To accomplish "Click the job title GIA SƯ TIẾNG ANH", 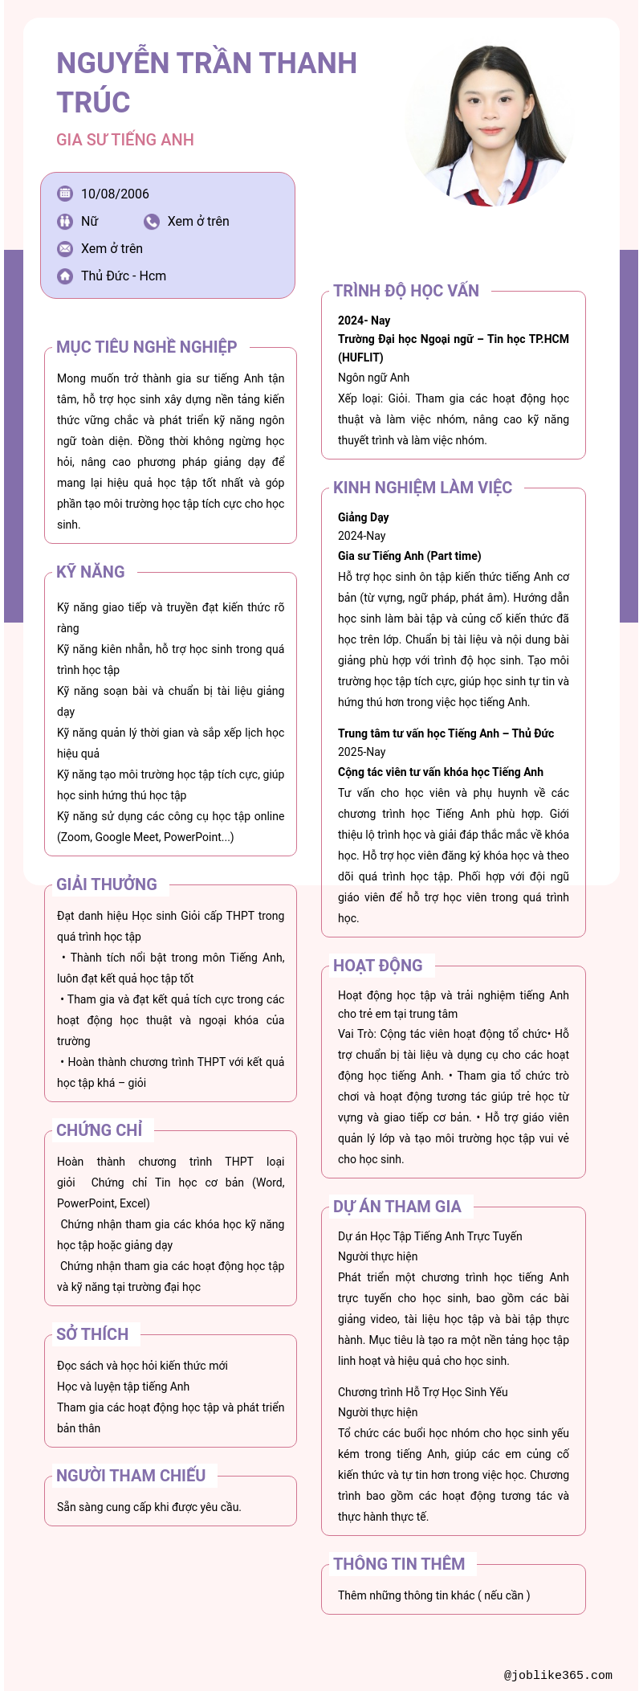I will click(125, 140).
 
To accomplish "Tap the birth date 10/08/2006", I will click(115, 194).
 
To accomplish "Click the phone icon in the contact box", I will click(152, 222).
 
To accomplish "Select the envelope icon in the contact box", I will click(65, 249).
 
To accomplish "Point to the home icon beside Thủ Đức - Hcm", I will click(65, 276).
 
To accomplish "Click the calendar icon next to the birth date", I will click(65, 194).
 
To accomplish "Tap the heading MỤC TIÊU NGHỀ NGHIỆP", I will click(147, 347).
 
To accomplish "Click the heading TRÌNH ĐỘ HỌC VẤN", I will click(406, 291).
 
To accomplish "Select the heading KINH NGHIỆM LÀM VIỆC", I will click(422, 488).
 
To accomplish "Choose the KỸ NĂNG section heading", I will click(91, 572).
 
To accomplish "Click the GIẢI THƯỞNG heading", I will click(107, 884).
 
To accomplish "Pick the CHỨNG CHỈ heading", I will click(100, 1130).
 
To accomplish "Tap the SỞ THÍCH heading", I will click(92, 1334).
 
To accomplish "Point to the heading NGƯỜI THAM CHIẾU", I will click(131, 1476).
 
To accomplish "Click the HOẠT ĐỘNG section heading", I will click(377, 966).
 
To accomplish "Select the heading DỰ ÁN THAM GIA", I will click(397, 1207).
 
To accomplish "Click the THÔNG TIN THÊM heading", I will click(399, 1564).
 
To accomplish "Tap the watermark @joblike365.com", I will click(558, 1675).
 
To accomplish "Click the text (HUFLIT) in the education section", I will click(360, 357).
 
